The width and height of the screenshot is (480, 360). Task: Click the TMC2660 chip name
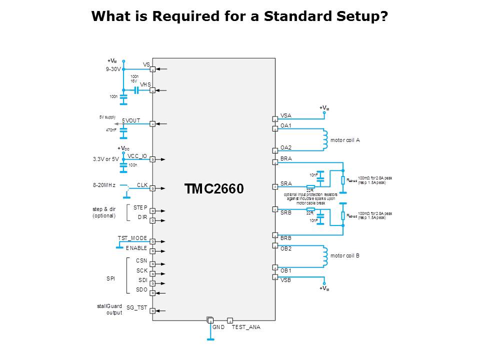[x=214, y=189]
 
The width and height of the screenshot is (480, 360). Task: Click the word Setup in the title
[x=359, y=16]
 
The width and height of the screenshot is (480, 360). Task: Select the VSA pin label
[x=285, y=115]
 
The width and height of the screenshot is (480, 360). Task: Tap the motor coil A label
[x=345, y=140]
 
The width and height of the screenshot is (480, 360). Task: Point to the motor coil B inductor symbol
[x=325, y=255]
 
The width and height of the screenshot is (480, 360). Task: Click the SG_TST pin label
[x=136, y=307]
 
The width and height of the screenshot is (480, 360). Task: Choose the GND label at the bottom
[x=218, y=326]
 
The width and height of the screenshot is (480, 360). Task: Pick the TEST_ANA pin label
[x=246, y=326]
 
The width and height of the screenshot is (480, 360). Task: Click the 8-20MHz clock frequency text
[x=104, y=185]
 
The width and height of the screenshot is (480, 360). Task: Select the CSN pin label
[x=141, y=260]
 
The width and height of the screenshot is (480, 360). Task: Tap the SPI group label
[x=110, y=278]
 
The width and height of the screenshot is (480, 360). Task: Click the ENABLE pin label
[x=136, y=248]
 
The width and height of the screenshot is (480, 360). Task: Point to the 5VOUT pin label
[x=131, y=120]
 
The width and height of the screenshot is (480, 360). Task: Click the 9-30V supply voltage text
[x=113, y=69]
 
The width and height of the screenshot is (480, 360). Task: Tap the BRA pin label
[x=286, y=158]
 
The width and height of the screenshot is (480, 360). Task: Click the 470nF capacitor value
[x=110, y=130]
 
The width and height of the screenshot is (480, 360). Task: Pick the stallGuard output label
[x=109, y=309]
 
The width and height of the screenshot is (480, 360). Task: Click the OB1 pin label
[x=286, y=270]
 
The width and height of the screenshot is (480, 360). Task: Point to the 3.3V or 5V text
[x=106, y=159]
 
